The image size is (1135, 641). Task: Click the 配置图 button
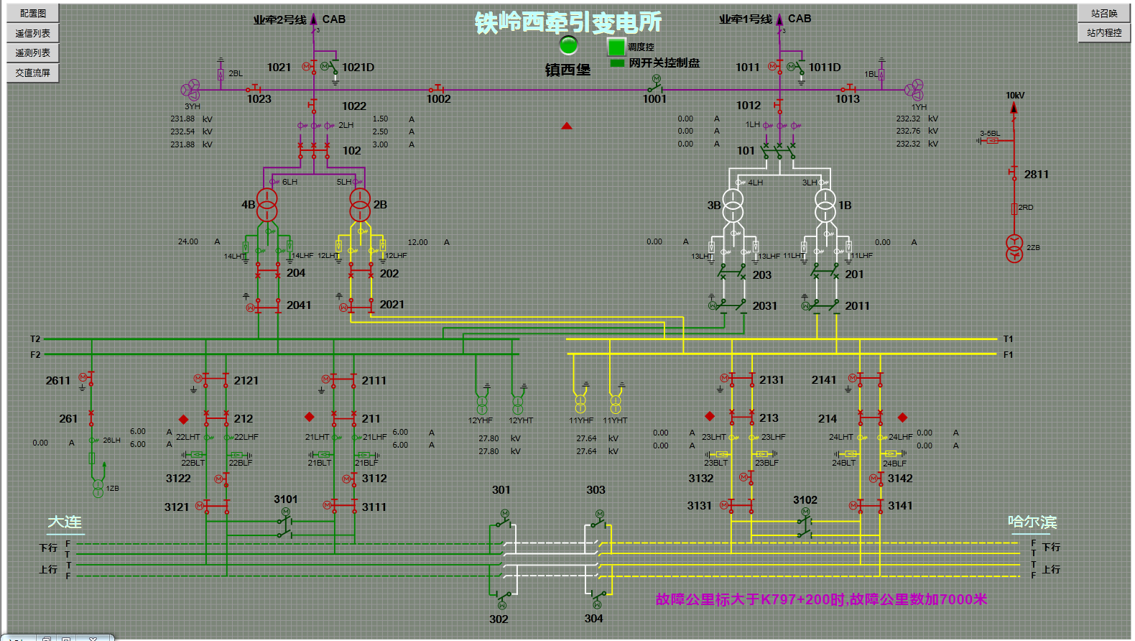[33, 13]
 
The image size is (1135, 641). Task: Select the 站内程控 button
[1104, 32]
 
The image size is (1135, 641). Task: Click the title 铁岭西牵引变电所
[568, 22]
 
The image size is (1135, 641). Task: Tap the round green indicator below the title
[568, 45]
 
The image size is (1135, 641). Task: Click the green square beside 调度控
[616, 47]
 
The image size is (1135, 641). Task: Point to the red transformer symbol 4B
[267, 204]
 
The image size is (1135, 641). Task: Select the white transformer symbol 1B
[825, 205]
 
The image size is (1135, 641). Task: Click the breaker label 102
[352, 151]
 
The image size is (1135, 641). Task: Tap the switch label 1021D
[358, 68]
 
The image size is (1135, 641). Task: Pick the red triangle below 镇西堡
[567, 126]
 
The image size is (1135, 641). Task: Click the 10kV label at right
[1015, 95]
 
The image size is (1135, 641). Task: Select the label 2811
[1036, 175]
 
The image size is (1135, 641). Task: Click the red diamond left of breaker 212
[184, 419]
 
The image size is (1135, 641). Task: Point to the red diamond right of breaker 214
[903, 418]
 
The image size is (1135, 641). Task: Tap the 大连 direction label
[65, 522]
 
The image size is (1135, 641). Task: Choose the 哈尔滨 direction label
[1032, 522]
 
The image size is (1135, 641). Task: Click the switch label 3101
[285, 499]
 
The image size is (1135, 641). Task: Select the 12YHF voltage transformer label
[481, 420]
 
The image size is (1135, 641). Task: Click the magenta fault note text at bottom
[821, 599]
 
